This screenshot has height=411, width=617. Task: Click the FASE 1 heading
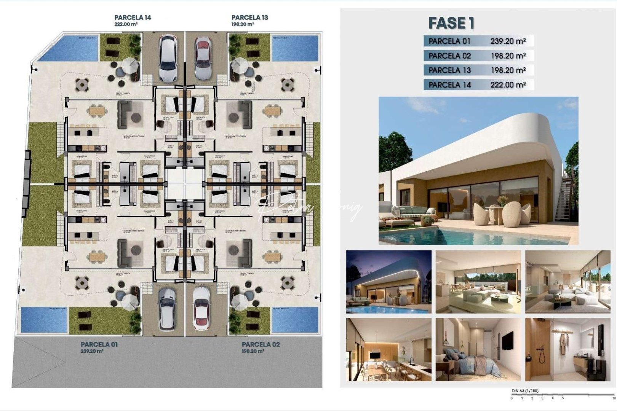tap(451, 23)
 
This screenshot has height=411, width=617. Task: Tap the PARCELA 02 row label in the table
tap(449, 56)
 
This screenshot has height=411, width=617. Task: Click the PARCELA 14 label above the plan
tap(133, 18)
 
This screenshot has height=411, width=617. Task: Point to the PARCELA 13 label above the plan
tap(249, 18)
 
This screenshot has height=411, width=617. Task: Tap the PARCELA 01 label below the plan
tap(99, 344)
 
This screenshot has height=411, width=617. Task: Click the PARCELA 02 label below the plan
tap(261, 344)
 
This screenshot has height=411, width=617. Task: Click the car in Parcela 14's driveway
tap(168, 58)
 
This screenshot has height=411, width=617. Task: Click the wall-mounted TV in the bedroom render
tap(507, 340)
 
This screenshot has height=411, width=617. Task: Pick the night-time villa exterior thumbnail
tap(388, 282)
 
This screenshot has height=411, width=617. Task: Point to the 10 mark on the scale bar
tap(613, 398)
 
